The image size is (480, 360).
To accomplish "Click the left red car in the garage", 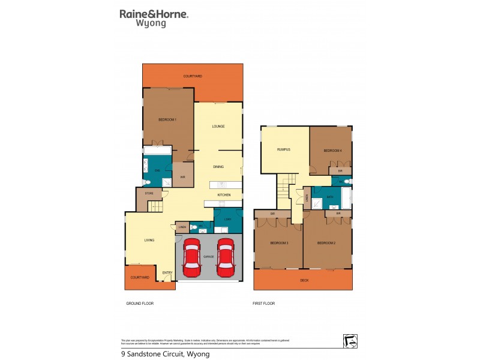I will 192,257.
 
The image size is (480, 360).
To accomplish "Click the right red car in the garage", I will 226,257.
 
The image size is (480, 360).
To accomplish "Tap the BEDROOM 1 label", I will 167,120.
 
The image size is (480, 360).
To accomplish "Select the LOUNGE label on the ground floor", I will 218,127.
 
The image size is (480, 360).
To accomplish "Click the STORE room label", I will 148,194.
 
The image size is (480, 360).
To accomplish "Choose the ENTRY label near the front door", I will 167,274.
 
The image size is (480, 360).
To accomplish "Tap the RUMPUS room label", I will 284,149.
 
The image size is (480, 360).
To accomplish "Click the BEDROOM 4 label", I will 332,150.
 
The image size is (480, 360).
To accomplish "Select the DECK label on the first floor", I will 304,280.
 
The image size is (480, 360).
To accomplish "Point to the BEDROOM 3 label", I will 280,243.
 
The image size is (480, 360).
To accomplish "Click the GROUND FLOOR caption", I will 140,304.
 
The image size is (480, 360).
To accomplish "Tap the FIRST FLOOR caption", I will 263,304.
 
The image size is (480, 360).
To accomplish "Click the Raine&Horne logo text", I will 154,13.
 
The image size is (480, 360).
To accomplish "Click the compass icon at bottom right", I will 350,340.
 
